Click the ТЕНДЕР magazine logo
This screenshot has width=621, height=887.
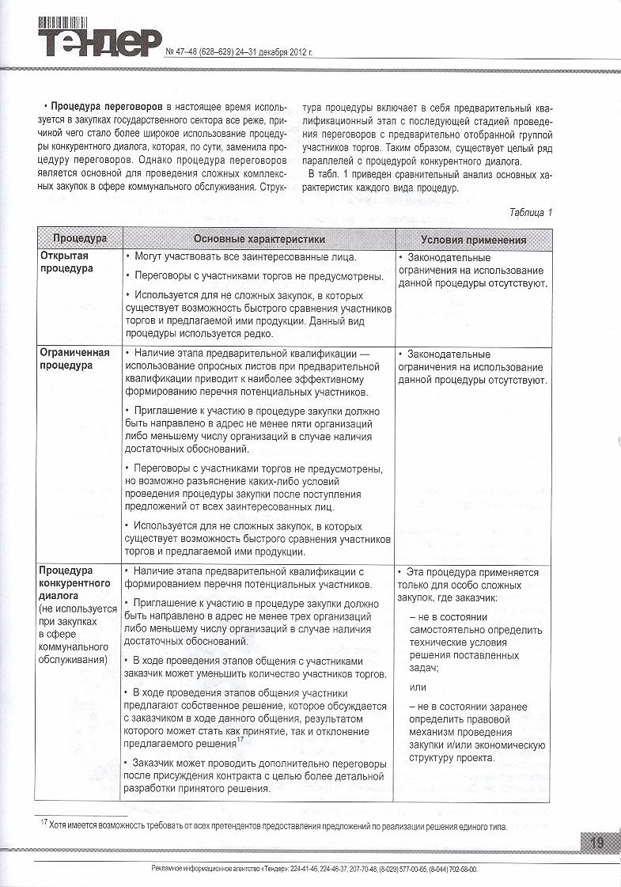[x=100, y=41]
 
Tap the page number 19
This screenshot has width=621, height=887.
[x=596, y=843]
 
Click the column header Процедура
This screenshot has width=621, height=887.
[x=79, y=239]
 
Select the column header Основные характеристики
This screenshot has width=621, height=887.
[x=259, y=239]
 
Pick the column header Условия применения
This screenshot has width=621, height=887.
[x=473, y=240]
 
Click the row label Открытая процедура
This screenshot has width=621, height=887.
[x=65, y=263]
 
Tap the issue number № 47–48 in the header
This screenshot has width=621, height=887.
[x=188, y=52]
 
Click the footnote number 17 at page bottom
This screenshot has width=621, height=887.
[x=44, y=823]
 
